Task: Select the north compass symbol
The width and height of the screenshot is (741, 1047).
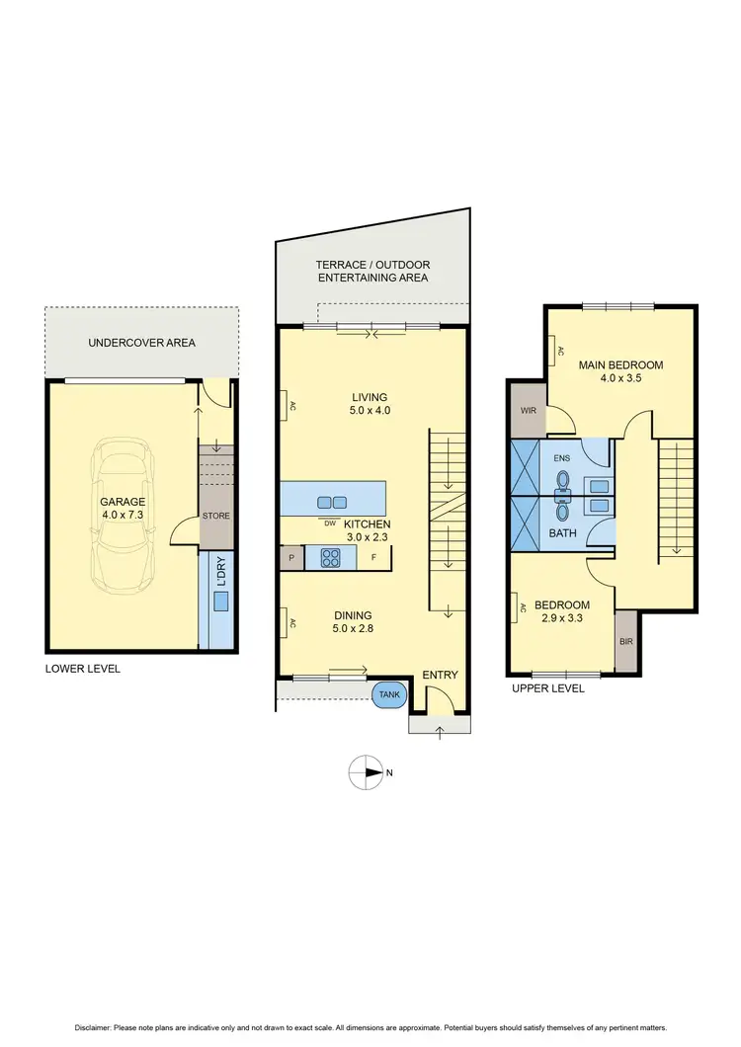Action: pos(368,772)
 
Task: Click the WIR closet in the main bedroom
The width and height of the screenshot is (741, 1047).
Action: pos(528,412)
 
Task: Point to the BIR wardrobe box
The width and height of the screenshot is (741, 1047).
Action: pos(626,639)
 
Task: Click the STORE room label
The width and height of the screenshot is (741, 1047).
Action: pos(215,516)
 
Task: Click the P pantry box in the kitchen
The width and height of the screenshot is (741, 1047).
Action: pos(291,558)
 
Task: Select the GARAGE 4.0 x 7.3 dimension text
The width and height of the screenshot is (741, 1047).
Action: pos(123,509)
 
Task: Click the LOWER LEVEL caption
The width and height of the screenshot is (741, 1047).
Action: pos(83,669)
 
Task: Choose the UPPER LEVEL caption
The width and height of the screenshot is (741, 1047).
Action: pos(547,688)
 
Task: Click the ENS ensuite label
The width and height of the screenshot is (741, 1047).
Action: pos(562,458)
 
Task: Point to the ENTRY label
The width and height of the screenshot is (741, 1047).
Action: pos(440,675)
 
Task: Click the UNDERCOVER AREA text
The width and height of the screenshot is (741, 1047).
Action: pos(141,343)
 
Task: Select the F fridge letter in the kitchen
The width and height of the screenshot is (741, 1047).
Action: pos(373,558)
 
